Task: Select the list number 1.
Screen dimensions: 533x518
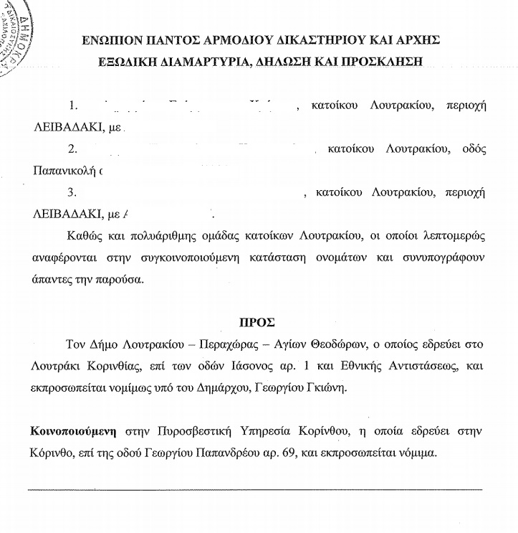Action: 73,105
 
